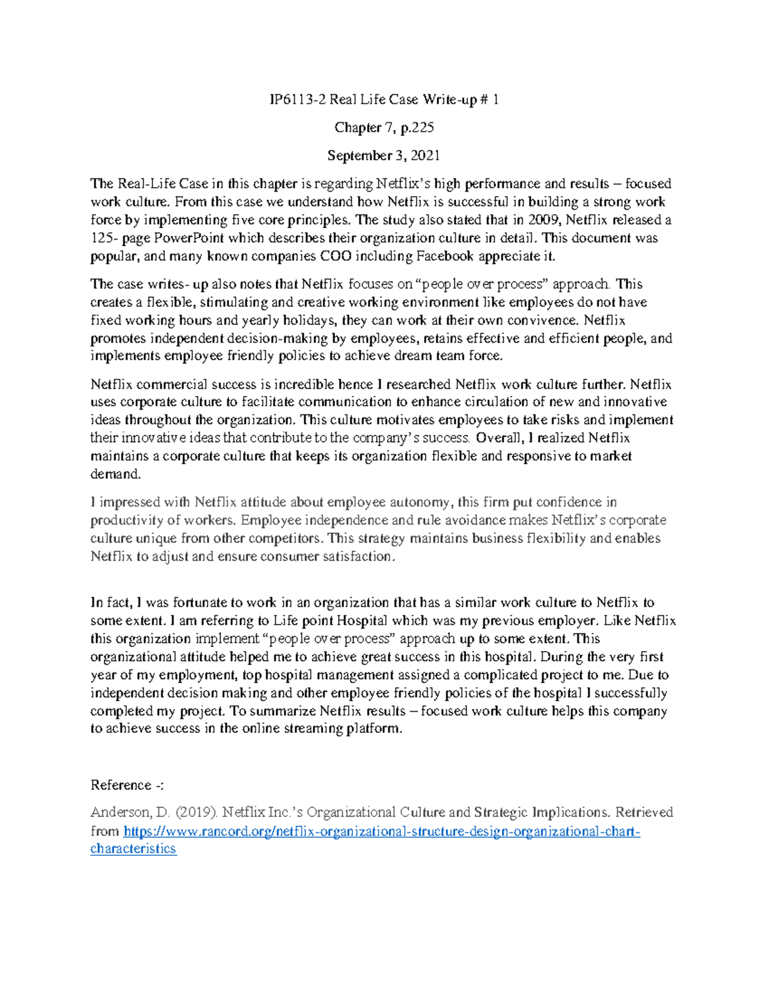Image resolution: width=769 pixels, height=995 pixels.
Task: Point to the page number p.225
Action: (x=417, y=127)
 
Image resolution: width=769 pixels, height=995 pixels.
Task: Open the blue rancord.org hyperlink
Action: (x=381, y=832)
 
